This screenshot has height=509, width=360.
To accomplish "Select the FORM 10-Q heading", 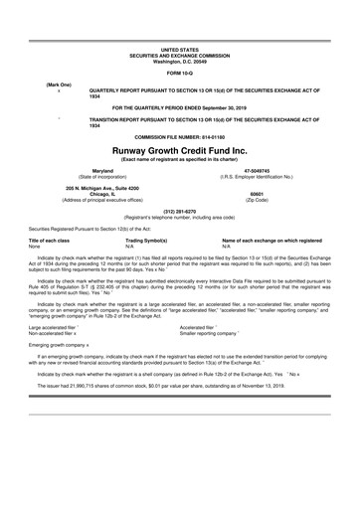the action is [x=180, y=73].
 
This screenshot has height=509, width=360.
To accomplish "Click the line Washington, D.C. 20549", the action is [x=180, y=60].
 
